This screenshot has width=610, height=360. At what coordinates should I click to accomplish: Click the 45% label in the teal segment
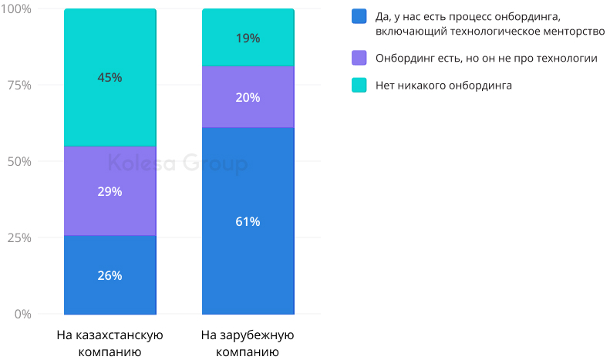coord(110,77)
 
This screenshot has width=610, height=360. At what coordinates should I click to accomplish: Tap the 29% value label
coord(110,191)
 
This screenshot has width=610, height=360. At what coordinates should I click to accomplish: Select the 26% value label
coord(110,275)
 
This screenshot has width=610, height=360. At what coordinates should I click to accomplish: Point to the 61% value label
coord(248,221)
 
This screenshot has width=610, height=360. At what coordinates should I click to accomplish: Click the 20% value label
coord(248,97)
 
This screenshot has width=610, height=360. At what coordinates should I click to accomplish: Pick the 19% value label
coord(248,38)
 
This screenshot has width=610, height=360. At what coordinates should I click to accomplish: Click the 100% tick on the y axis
coord(15,9)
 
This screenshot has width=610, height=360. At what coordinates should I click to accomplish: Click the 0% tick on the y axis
coord(22,315)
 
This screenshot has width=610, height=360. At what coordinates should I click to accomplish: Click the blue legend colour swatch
coord(359,16)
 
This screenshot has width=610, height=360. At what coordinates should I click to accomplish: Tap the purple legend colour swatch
coord(359,58)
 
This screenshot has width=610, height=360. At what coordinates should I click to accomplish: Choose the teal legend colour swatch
coord(359,85)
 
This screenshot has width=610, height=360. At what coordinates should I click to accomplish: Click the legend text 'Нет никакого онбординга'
coord(443,85)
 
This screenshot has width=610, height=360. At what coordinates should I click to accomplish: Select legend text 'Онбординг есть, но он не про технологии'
coord(487,58)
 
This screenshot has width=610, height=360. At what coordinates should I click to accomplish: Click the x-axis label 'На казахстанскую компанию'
coord(110,345)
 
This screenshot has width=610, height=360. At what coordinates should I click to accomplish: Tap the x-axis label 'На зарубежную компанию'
coord(248,345)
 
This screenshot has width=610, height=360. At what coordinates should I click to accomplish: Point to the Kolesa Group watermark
coord(177,163)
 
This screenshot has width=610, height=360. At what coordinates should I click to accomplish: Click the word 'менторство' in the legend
coord(568,32)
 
